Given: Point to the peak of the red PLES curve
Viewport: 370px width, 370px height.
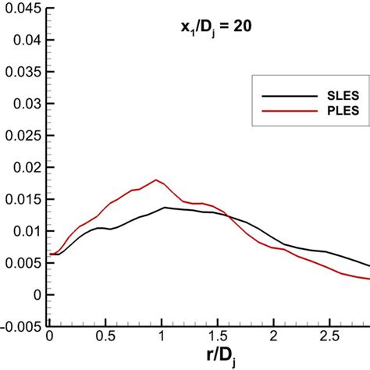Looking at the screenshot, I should [x=157, y=180].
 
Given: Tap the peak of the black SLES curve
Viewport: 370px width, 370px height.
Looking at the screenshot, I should [x=164, y=207].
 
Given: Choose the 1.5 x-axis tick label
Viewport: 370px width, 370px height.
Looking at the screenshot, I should [x=218, y=336].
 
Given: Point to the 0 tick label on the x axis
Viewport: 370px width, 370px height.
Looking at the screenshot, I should [x=50, y=336].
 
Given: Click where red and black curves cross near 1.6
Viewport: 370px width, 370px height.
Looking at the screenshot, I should [x=228, y=215].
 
